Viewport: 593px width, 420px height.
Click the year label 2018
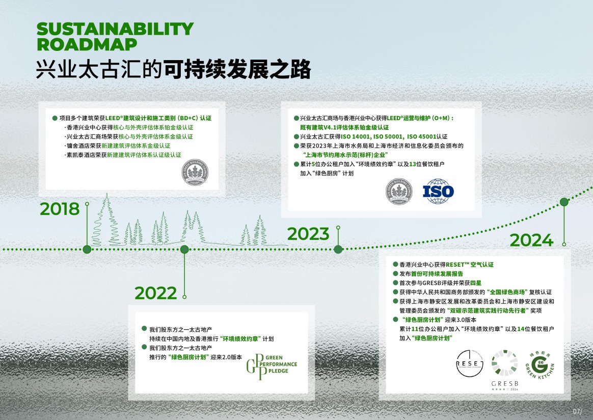(60, 209)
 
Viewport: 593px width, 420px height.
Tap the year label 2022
(155, 293)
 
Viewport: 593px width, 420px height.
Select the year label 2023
(308, 234)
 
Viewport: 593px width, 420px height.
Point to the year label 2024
(531, 240)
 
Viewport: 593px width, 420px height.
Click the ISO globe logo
(438, 191)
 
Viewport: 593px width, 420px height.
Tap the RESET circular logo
(470, 363)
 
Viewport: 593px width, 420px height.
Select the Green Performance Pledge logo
(272, 367)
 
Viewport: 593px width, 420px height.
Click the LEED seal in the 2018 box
(195, 173)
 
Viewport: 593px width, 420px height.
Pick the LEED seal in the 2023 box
(399, 191)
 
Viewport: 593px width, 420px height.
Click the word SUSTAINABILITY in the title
(115, 29)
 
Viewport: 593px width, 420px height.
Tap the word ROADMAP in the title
(87, 44)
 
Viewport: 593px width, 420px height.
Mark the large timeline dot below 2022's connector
(184, 249)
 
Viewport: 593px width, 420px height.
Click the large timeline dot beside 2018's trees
(87, 249)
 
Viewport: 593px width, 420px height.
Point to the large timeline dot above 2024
(564, 202)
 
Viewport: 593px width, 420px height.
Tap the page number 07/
(578, 411)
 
